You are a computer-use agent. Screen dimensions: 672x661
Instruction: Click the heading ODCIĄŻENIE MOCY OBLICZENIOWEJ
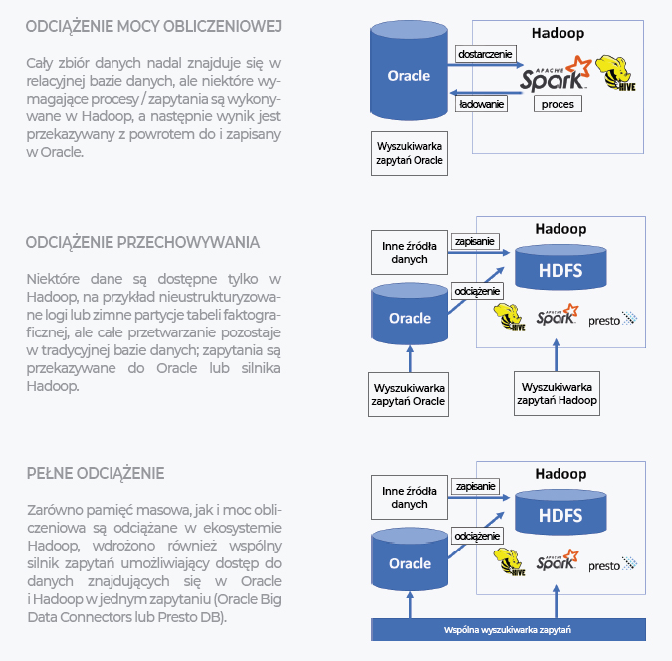coord(153,27)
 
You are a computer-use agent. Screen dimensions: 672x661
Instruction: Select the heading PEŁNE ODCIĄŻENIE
coord(96,474)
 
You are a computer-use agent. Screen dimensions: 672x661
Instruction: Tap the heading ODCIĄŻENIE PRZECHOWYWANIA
coord(142,243)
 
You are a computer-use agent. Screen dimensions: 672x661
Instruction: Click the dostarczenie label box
coord(485,54)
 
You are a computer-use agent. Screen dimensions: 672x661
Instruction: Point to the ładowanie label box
coord(481,104)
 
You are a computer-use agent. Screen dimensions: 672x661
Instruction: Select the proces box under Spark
coord(558,104)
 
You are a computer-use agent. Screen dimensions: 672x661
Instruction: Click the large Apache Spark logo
coord(556,74)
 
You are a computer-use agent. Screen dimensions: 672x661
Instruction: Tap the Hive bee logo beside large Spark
coord(615,72)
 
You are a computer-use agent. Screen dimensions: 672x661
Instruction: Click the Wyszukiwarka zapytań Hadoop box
coord(557,394)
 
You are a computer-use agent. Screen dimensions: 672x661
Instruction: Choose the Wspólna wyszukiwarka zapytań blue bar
coord(509,630)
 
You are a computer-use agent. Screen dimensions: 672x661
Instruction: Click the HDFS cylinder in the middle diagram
coord(560,267)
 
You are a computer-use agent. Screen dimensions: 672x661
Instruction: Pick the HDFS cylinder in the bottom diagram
coord(560,512)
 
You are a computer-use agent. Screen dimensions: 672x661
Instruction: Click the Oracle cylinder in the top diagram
coord(409,71)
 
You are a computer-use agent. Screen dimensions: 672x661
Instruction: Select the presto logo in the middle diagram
coord(613,320)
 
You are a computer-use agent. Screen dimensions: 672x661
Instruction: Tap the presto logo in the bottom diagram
coord(613,565)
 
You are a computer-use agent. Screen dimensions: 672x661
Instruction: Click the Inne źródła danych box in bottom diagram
coord(409,498)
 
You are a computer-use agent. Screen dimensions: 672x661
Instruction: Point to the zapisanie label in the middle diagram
coord(475,241)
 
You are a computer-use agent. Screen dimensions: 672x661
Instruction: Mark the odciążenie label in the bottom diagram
coord(477,536)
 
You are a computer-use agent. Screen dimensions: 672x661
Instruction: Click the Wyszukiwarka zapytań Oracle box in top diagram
coord(409,153)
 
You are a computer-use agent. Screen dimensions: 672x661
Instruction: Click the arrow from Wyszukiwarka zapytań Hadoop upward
coord(557,355)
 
